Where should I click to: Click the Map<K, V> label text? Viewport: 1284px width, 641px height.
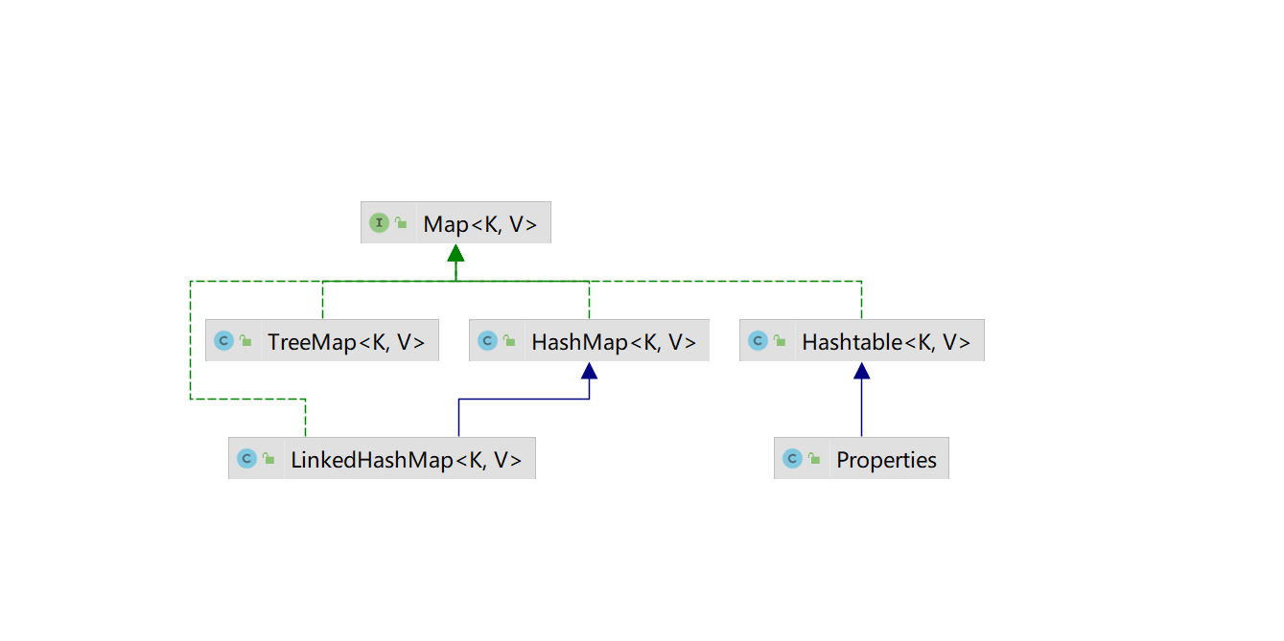(x=479, y=224)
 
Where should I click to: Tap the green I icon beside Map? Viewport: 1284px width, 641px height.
(x=379, y=222)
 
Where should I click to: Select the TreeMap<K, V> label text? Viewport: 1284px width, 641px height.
(x=346, y=341)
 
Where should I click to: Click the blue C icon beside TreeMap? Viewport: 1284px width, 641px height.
(x=223, y=340)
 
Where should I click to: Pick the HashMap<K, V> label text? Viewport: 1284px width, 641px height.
(x=614, y=341)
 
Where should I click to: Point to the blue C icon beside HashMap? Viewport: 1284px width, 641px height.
(x=487, y=340)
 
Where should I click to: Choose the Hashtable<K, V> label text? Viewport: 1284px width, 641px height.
(x=886, y=341)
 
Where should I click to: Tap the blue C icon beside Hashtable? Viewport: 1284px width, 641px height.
(x=758, y=340)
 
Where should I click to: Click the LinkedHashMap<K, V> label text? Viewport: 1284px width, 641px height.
(x=406, y=460)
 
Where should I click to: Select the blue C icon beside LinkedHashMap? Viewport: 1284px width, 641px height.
(x=246, y=459)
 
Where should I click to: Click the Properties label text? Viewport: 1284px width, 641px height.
(x=886, y=460)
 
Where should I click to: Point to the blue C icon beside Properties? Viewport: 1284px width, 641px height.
(x=792, y=459)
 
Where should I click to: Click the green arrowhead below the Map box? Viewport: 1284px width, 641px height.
(x=455, y=253)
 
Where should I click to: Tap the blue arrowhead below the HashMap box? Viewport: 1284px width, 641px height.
(x=589, y=371)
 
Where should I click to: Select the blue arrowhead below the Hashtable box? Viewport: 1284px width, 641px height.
(x=861, y=371)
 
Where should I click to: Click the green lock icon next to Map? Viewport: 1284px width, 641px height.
(x=402, y=223)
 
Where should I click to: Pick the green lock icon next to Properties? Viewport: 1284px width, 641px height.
(x=814, y=459)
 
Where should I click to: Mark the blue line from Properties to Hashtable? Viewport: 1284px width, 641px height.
(x=861, y=407)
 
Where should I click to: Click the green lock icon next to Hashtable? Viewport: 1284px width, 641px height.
(x=781, y=340)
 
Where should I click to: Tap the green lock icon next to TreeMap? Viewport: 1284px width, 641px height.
(x=246, y=340)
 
